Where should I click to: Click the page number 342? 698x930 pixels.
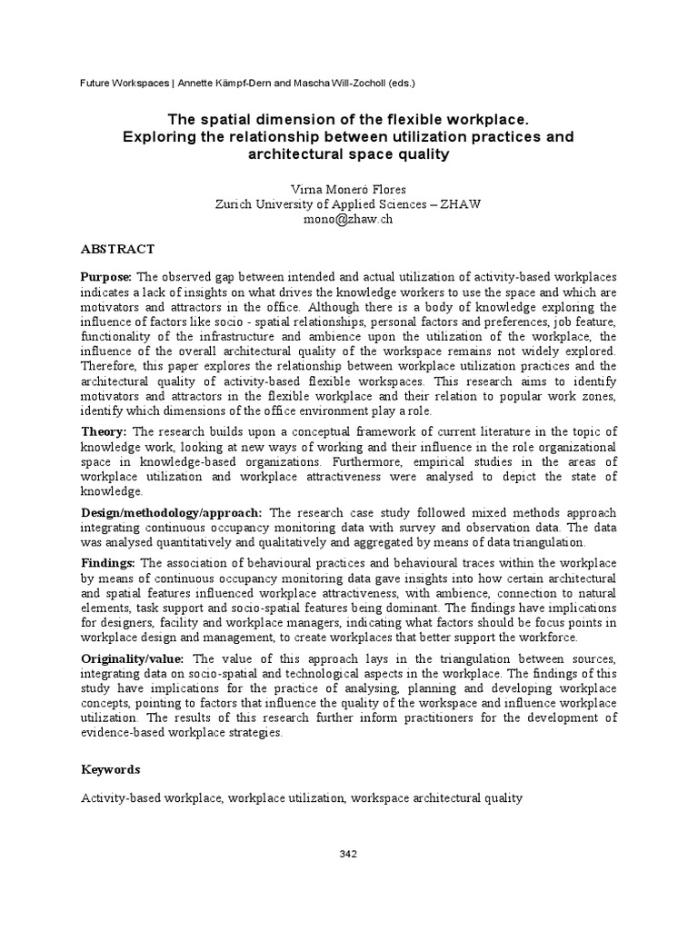[x=348, y=854]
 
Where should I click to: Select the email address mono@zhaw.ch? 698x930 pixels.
[x=348, y=220]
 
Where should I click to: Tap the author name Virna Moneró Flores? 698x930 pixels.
[x=348, y=189]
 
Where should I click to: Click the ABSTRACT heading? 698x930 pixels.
[x=118, y=249]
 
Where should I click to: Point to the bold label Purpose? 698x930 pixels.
[x=106, y=276]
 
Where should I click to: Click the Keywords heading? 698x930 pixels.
[x=111, y=769]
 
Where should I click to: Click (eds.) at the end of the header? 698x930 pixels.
[x=398, y=84]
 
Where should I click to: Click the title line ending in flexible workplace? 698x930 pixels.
[x=348, y=120]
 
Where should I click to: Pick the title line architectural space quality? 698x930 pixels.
[x=348, y=154]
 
